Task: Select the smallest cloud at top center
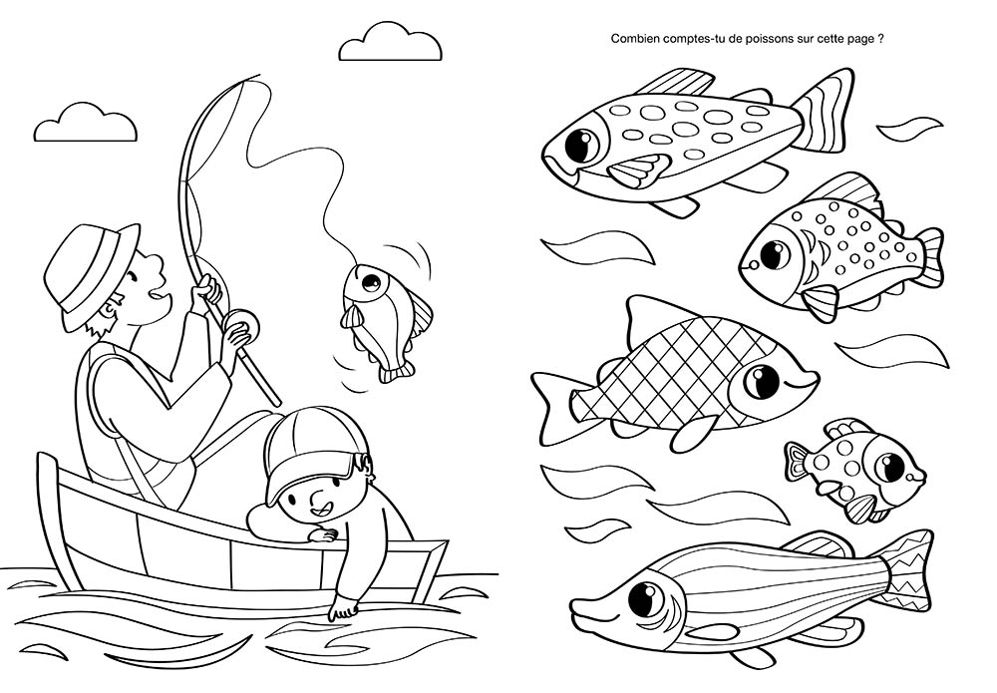[390, 43]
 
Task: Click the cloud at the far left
[85, 124]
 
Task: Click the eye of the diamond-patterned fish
[763, 380]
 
